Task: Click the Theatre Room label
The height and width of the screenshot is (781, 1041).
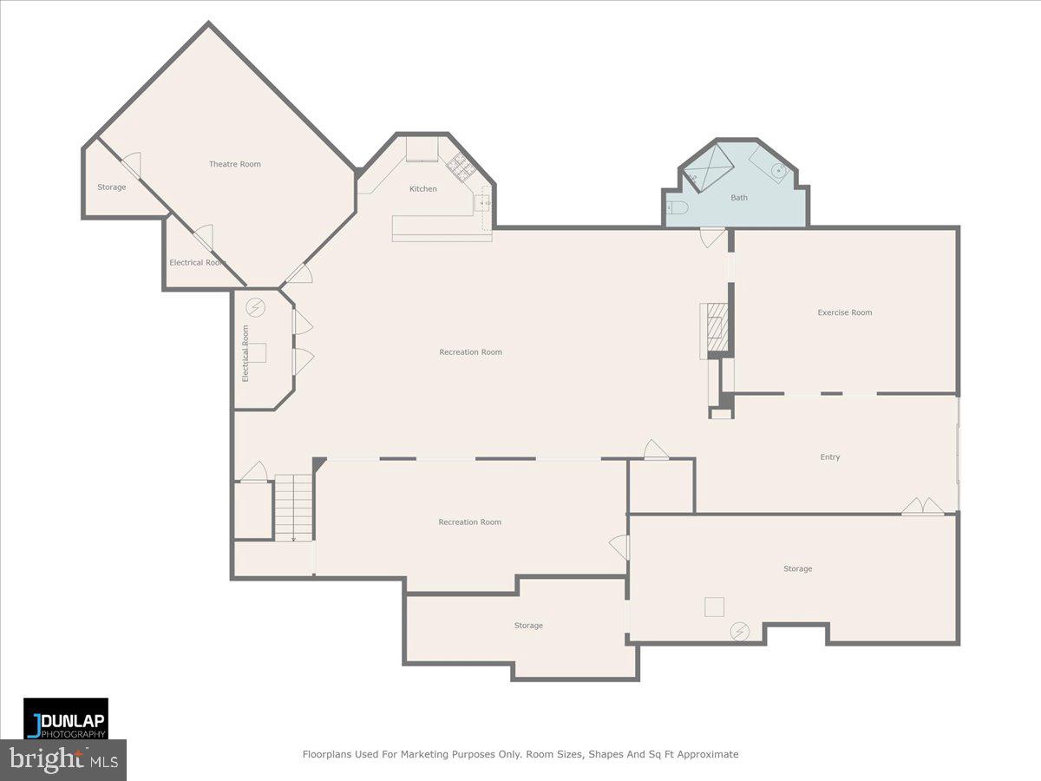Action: click(x=234, y=164)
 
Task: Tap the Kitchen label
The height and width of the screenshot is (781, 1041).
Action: click(x=423, y=189)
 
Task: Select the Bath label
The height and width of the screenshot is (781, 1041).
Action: click(x=738, y=198)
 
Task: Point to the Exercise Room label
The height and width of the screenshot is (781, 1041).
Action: click(x=844, y=312)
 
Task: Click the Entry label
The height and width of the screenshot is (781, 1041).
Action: click(x=829, y=457)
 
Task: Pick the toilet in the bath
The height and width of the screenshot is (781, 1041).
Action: click(x=678, y=207)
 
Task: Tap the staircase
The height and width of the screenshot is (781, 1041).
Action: click(x=293, y=508)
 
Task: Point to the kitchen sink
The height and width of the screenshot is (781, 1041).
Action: click(x=481, y=203)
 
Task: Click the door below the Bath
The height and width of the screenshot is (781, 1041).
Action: click(x=711, y=237)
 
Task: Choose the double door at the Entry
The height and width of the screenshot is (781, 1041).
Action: click(x=922, y=506)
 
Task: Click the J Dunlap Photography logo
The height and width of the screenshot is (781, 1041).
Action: click(x=66, y=719)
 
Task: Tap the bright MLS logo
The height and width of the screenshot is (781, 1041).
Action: click(x=62, y=760)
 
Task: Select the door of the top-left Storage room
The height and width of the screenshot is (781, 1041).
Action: click(x=130, y=166)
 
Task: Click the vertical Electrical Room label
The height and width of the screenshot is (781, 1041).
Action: click(x=246, y=353)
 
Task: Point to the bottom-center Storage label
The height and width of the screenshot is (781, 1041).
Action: click(x=527, y=626)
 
